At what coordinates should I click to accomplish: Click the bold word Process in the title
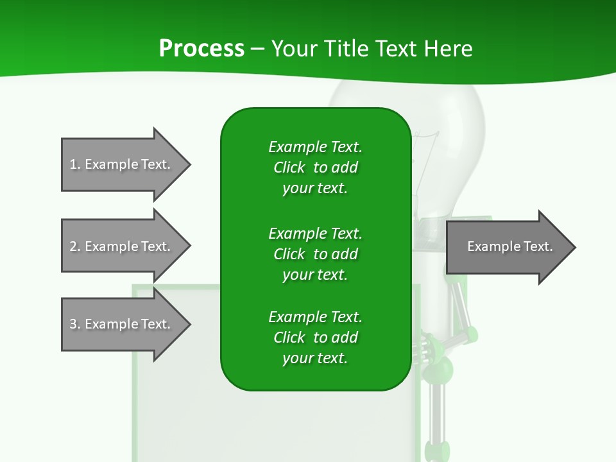click(201, 49)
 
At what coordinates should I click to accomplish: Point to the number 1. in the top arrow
click(75, 164)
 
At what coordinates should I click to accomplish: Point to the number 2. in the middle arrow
click(75, 246)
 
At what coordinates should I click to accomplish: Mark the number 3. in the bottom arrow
click(75, 324)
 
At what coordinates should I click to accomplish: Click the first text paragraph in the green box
click(315, 167)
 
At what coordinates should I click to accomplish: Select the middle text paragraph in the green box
click(315, 254)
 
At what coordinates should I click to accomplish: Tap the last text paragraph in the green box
click(315, 338)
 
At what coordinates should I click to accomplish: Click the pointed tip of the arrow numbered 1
click(189, 164)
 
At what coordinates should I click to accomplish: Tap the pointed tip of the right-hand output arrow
click(574, 247)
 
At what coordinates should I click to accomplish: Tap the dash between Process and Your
click(258, 49)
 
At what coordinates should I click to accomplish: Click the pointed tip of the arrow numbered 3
click(189, 324)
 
